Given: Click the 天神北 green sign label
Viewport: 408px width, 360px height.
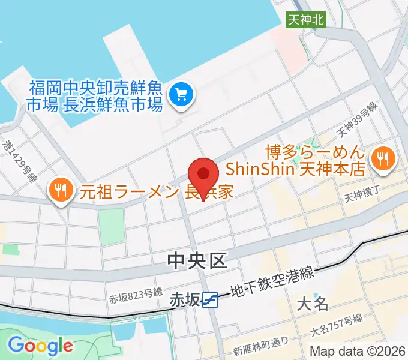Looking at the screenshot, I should tap(305, 19).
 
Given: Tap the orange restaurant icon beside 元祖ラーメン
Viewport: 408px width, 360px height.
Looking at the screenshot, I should tap(60, 191).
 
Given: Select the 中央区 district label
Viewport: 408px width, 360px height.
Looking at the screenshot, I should tap(197, 260).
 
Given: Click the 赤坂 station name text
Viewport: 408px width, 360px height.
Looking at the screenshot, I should tap(184, 299).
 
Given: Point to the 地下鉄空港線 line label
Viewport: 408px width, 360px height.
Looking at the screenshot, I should tap(271, 283).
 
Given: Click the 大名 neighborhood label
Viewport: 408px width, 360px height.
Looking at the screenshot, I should tap(313, 303).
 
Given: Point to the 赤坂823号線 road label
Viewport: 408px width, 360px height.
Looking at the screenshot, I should tap(136, 293).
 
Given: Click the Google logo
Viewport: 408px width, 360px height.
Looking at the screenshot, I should tap(40, 346).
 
